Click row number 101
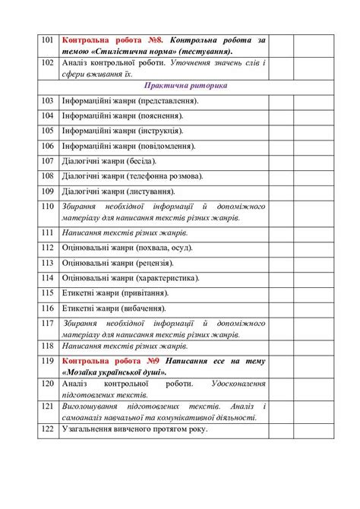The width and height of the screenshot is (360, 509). pos(47,39)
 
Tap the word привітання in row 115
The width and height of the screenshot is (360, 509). pos(146,292)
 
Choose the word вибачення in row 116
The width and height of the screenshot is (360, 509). pos(144,308)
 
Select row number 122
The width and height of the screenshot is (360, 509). pos(47,429)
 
